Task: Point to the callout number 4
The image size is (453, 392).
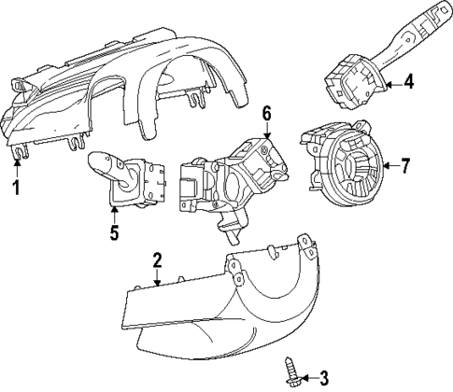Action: [x=408, y=84]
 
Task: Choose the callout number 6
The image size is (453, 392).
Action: [x=266, y=114]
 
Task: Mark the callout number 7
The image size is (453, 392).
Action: [x=404, y=167]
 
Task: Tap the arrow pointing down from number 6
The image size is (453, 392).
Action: [x=266, y=132]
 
